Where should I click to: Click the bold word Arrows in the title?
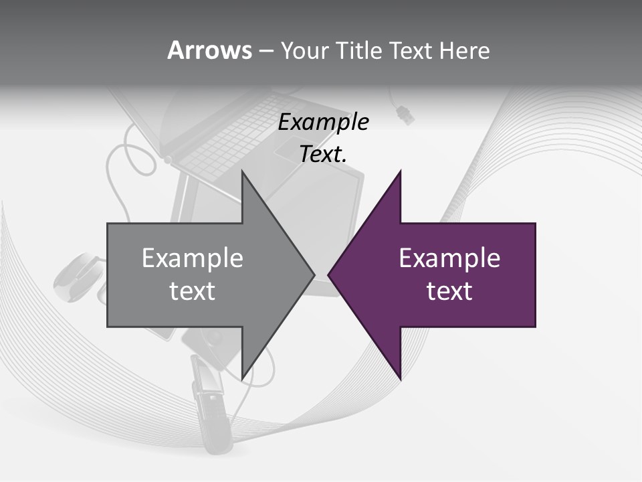(209, 50)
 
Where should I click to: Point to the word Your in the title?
(304, 50)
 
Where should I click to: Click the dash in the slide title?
(265, 51)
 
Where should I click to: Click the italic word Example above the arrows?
(324, 123)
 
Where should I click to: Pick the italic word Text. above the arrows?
(324, 155)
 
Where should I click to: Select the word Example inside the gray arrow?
(192, 258)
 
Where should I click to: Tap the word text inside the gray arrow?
(192, 291)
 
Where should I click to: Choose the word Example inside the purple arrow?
(449, 258)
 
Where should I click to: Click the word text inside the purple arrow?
(449, 291)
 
